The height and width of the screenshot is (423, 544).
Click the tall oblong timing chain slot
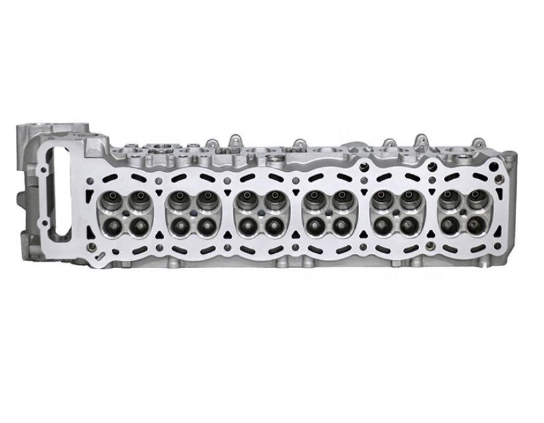point(61,190)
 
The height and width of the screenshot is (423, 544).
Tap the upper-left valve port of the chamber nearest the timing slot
point(110,198)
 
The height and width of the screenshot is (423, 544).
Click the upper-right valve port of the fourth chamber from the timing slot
point(341,198)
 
